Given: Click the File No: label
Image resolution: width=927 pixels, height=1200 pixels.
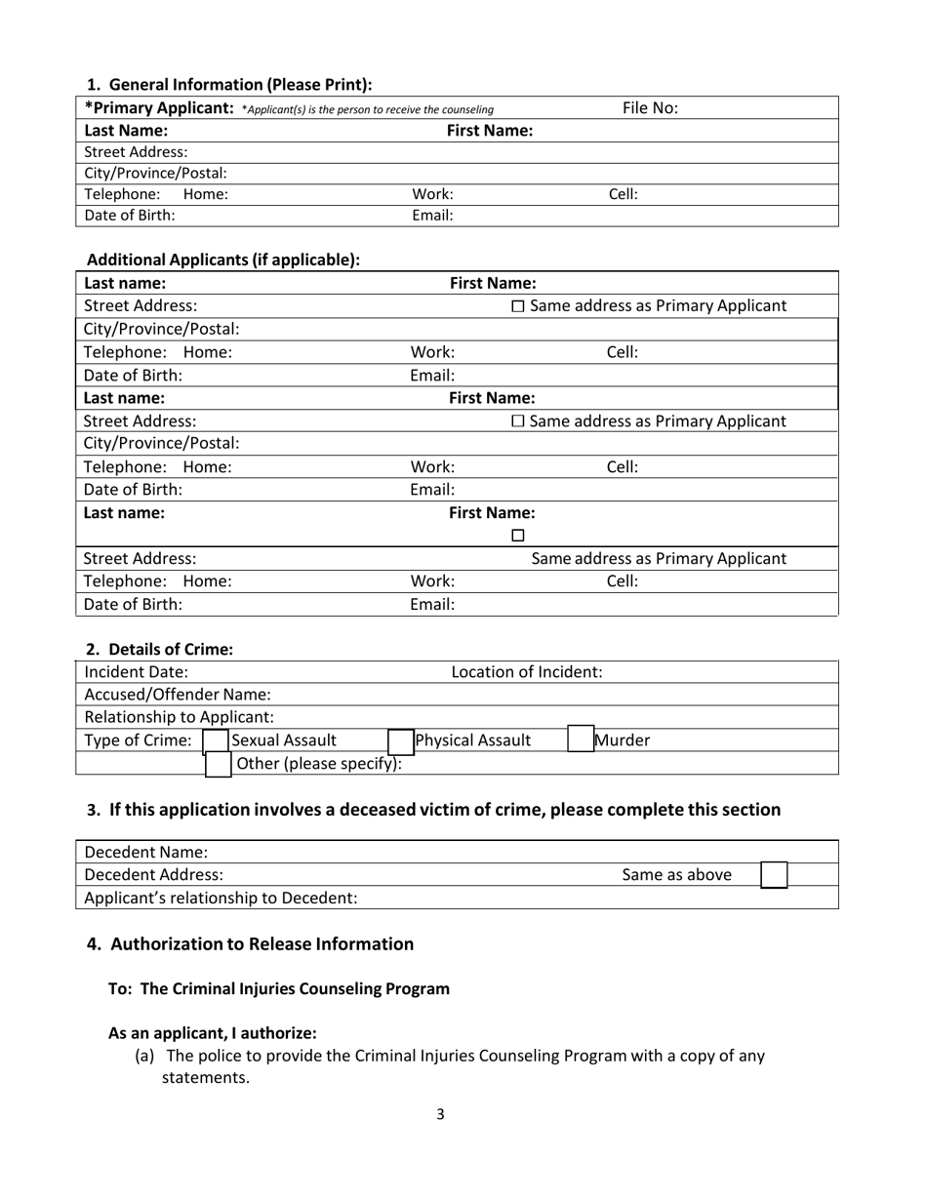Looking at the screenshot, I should coord(650,108).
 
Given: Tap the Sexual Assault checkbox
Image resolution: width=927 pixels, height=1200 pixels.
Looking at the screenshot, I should coord(215,740).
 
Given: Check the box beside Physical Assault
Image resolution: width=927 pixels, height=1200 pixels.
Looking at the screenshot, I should coord(400,740).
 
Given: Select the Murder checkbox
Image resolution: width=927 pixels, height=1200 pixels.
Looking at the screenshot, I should coord(580,740).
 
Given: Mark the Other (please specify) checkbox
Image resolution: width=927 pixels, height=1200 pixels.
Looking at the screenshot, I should coord(219,763).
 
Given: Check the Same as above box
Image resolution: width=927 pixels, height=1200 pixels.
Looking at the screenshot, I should coord(773,874).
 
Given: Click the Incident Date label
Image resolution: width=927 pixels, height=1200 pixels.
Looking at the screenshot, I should coord(137,671).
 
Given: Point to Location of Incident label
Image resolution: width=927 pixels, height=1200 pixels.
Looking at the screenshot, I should coord(526,671).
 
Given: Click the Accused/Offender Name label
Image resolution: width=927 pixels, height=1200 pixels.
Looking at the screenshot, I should coord(178,695).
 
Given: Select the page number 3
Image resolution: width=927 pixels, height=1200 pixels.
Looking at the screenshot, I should coord(440,1114).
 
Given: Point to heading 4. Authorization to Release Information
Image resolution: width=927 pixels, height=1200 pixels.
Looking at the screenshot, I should coord(251,943).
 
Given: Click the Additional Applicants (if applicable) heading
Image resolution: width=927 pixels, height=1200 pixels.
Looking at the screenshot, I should coord(223,260).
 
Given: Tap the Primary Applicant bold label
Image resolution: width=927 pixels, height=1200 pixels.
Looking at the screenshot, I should coord(159,107).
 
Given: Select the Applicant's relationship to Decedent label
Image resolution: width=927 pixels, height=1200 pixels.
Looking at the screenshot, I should coord(221,898).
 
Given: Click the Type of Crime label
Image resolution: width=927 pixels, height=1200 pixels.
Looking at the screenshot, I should coord(139,740).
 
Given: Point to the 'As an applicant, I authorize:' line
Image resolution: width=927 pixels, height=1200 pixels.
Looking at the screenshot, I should coord(212,1032).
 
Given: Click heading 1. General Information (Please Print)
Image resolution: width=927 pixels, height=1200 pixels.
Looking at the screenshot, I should coord(229,85).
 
